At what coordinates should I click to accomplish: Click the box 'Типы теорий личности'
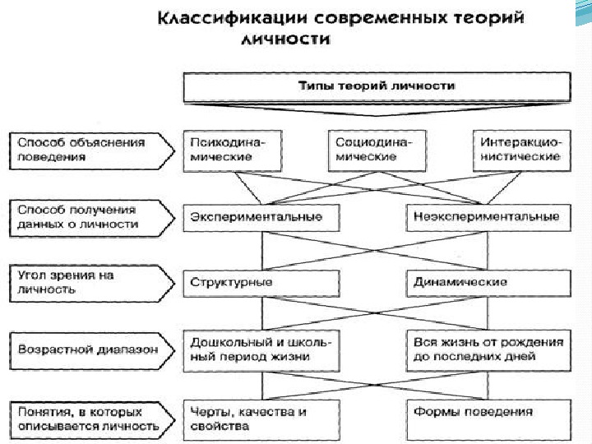(x=375, y=86)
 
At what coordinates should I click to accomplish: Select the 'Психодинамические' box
(x=234, y=150)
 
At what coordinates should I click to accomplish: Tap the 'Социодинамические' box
(x=375, y=150)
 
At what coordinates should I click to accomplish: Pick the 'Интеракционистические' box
(x=521, y=150)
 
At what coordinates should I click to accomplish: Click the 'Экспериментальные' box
(x=260, y=217)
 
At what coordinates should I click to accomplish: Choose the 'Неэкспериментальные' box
(x=488, y=217)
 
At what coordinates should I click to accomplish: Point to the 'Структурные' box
(x=260, y=282)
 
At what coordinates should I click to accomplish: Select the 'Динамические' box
(x=488, y=282)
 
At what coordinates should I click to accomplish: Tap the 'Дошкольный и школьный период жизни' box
(x=260, y=349)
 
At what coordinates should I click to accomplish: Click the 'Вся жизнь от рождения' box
(x=488, y=349)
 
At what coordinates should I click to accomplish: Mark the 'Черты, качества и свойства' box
(x=260, y=419)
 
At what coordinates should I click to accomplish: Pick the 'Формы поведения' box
(x=488, y=419)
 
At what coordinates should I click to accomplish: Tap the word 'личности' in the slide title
(x=286, y=39)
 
